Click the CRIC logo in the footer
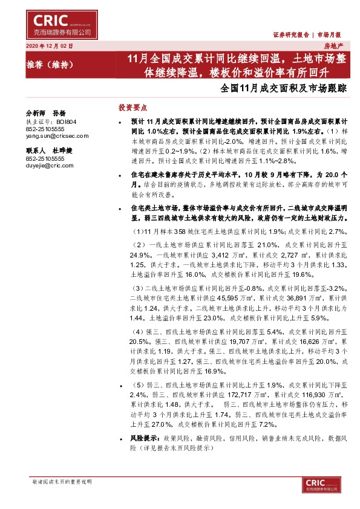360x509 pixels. click(x=307, y=483)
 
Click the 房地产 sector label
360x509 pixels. click(x=333, y=45)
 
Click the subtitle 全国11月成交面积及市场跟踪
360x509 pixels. click(x=284, y=88)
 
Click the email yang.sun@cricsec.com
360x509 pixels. click(x=57, y=136)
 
